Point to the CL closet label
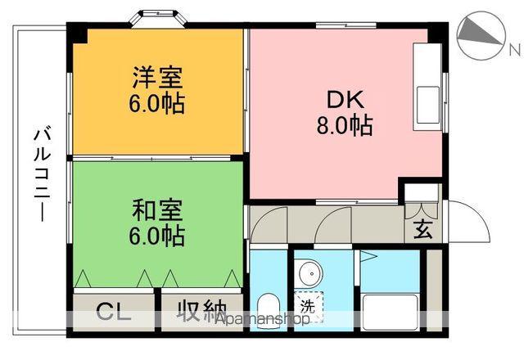click(x=115, y=312)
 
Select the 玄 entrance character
click(x=422, y=228)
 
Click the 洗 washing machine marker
click(x=308, y=307)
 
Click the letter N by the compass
click(x=514, y=49)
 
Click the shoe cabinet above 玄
click(x=420, y=200)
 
